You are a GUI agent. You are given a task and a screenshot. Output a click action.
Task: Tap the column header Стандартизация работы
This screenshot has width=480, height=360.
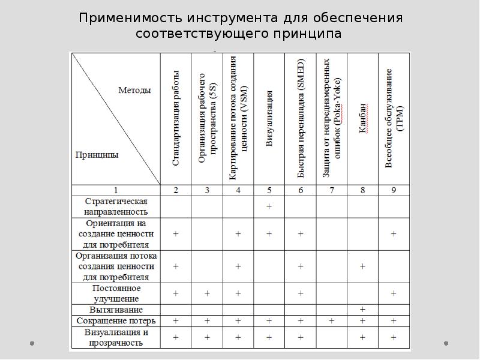(176, 119)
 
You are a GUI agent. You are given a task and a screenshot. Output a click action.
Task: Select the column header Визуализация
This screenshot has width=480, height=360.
(269, 119)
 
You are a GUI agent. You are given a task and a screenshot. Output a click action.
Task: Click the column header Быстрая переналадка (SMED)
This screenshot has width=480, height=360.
(301, 119)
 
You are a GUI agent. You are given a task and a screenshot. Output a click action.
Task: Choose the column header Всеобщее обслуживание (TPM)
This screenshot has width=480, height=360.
(393, 119)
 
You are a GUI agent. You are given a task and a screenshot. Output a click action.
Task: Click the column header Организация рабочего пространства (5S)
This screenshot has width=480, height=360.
(207, 119)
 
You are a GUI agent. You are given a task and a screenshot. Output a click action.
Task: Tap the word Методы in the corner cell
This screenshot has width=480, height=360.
(134, 90)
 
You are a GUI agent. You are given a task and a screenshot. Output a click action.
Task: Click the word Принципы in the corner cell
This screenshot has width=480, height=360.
(97, 154)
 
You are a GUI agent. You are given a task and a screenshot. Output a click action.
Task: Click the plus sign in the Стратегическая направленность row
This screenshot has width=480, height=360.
(269, 206)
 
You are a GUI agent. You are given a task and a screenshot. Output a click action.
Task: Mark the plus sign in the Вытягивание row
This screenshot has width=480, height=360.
(363, 310)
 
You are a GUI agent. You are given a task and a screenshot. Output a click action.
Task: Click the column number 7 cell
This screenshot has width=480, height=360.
(332, 191)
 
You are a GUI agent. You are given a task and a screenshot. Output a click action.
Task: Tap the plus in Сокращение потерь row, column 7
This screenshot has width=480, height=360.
(332, 321)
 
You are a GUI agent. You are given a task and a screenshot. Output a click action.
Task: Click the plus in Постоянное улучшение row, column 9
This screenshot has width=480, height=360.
(394, 293)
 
